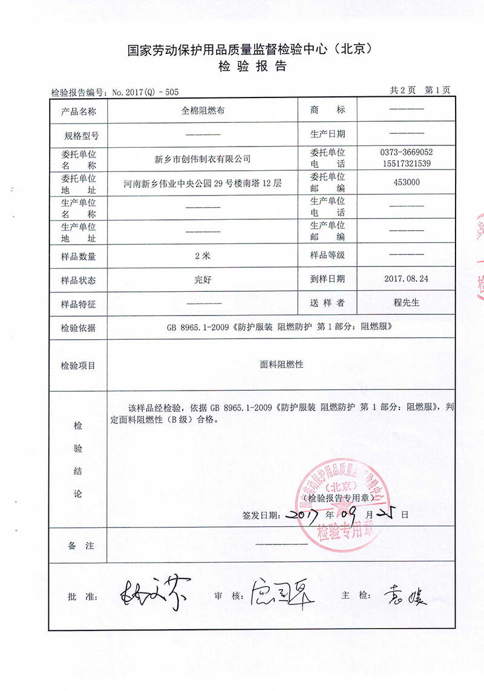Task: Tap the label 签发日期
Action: pyautogui.click(x=260, y=515)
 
